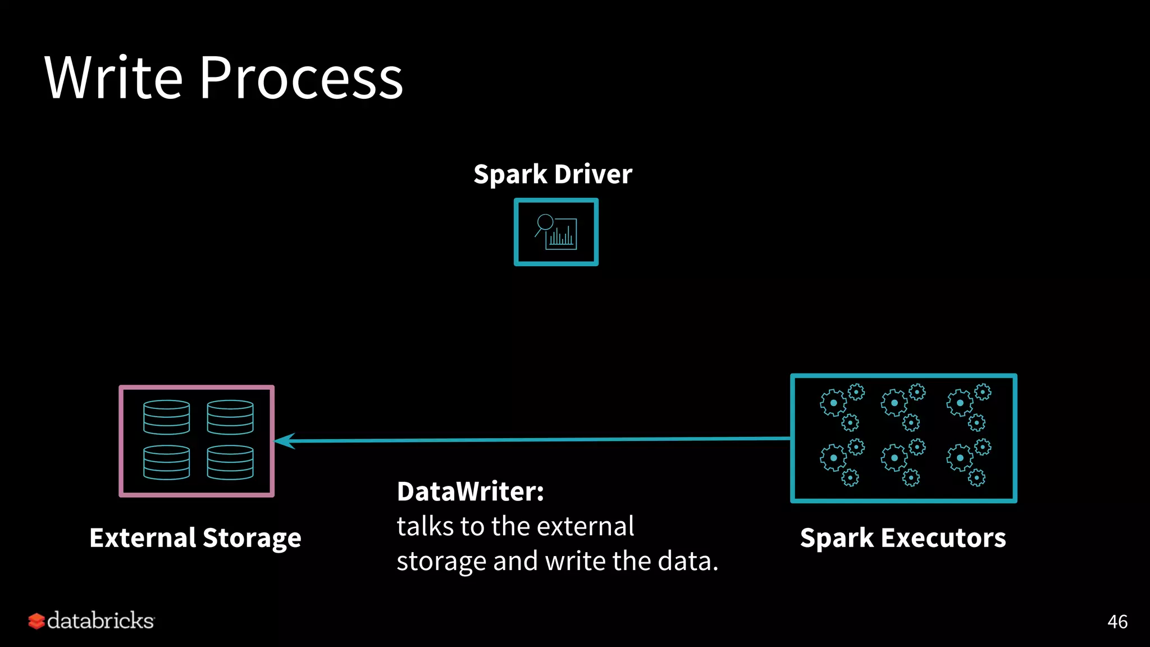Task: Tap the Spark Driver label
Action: tap(553, 174)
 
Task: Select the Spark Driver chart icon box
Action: tap(556, 232)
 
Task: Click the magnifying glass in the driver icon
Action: tap(544, 223)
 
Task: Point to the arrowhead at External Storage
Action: tap(284, 441)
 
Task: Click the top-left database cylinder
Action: tap(166, 417)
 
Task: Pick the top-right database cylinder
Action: tap(230, 417)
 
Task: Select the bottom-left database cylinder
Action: tap(166, 462)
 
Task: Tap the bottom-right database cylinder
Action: tap(230, 462)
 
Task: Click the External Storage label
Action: tap(195, 538)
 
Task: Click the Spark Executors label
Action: tap(903, 538)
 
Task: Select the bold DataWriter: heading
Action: tap(471, 491)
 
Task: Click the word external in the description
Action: tap(586, 527)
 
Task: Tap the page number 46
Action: tap(1117, 622)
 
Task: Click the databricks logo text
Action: tap(101, 621)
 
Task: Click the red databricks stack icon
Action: tap(36, 621)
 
